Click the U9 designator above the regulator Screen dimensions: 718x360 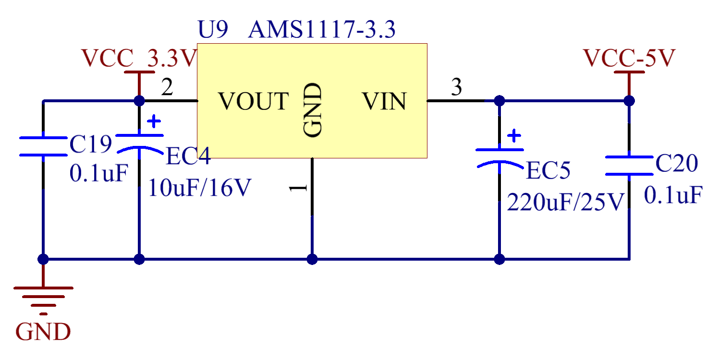213,29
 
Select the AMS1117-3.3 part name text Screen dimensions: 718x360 322,29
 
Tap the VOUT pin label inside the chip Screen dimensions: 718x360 254,101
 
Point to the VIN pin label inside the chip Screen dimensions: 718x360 384,101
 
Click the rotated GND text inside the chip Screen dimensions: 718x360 312,110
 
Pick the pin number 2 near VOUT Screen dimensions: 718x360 167,87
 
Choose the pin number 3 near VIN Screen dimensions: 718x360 456,87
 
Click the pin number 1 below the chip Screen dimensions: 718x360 298,188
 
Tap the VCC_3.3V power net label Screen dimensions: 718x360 139,58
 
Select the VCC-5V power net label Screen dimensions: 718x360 629,58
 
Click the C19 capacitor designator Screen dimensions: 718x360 91,144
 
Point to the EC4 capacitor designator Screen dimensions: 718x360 188,156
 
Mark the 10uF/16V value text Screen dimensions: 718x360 200,187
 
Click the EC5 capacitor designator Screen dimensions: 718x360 548,170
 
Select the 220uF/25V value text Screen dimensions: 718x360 566,202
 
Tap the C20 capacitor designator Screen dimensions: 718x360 677,163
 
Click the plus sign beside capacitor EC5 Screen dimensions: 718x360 514,135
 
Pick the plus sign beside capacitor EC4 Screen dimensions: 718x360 154,121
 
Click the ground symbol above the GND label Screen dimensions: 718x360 43,301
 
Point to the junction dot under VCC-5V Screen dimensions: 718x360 629,101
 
